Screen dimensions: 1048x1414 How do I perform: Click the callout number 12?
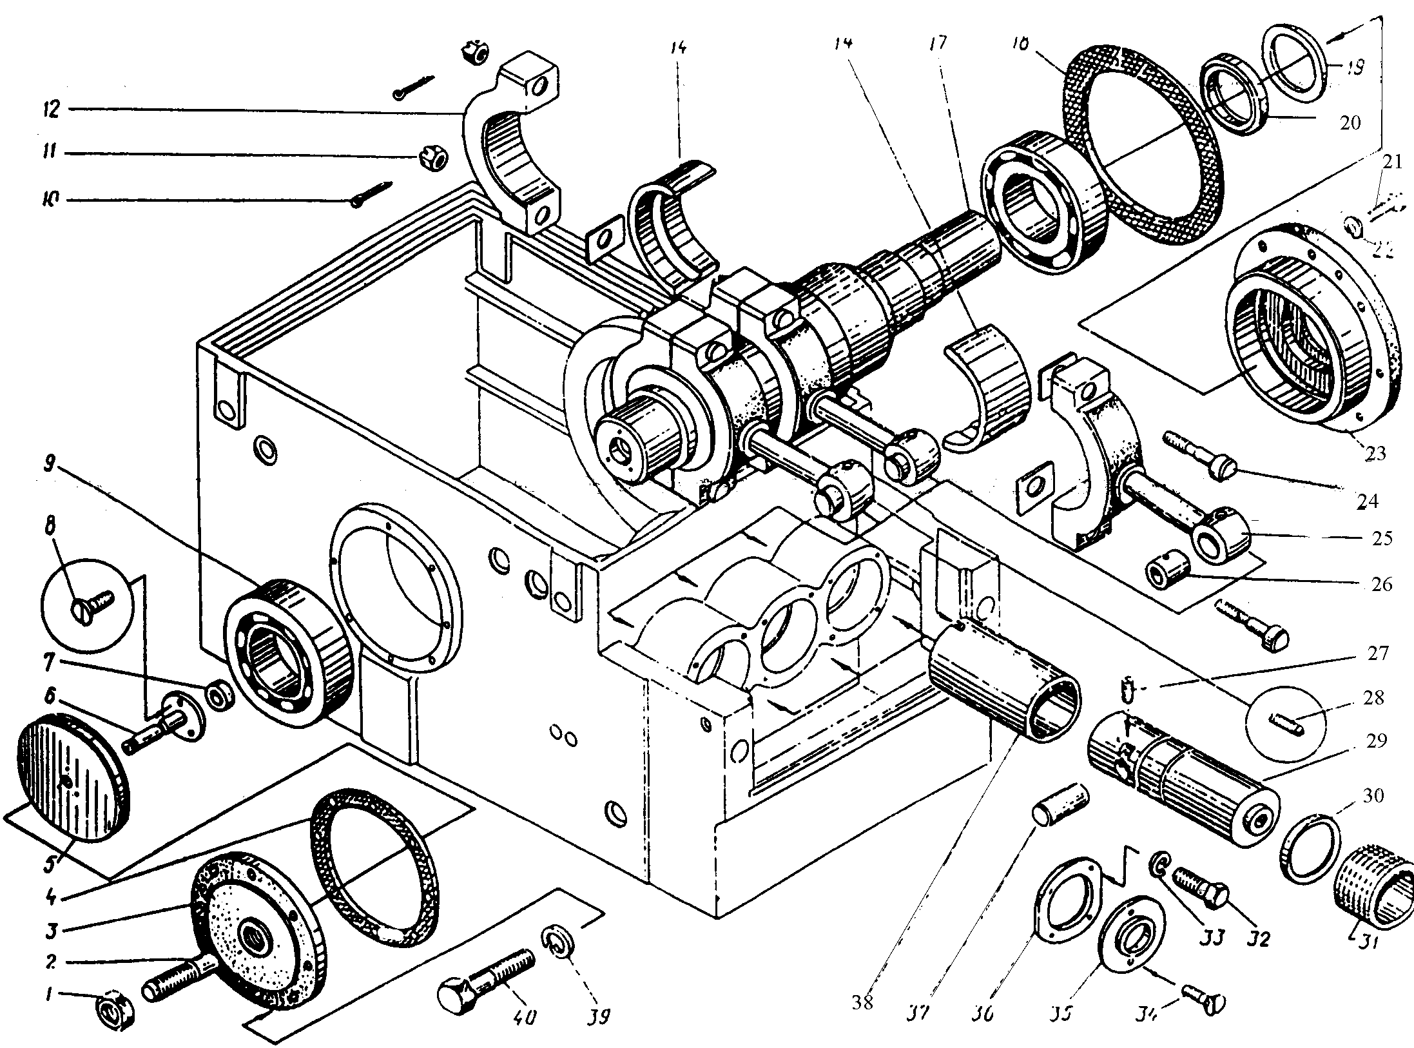(51, 109)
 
